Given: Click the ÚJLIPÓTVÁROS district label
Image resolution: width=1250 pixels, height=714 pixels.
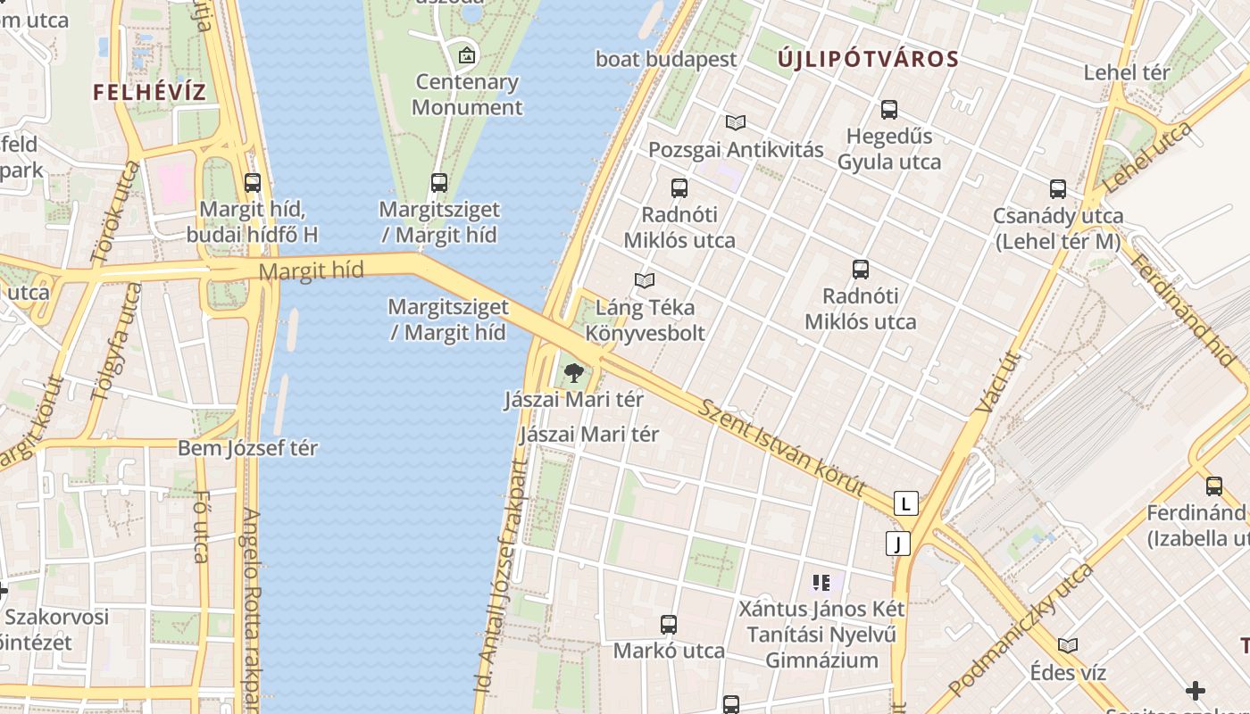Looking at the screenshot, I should coord(868,60).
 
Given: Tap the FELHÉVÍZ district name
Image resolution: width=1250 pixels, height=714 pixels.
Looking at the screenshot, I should coord(150,92).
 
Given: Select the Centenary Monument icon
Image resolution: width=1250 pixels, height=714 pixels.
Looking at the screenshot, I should coord(466,55).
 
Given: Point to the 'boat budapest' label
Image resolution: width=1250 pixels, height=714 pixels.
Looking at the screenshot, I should coord(666,60).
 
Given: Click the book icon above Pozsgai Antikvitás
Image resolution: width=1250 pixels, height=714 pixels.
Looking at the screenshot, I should coord(736,122).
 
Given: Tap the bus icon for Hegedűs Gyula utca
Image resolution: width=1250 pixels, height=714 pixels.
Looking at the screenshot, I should coord(888,110).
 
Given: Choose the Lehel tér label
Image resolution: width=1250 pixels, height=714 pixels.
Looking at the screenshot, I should coord(1126,72).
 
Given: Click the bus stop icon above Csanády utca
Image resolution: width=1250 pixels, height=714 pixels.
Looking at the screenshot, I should coord(1058,189).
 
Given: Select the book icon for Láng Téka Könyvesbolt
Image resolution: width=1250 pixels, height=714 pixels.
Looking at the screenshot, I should coord(645,280).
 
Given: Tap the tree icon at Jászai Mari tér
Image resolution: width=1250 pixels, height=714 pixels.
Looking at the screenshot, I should coord(573,372).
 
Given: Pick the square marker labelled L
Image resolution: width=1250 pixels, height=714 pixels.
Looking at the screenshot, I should coord(906,503).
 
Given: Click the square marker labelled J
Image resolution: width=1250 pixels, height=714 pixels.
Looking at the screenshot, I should coord(897,543).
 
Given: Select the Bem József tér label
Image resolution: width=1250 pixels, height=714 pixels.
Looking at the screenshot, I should coord(247,448).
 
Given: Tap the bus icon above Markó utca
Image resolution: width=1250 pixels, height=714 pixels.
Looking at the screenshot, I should coord(669,625).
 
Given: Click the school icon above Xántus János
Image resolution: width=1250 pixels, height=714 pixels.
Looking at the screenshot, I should coord(821,583).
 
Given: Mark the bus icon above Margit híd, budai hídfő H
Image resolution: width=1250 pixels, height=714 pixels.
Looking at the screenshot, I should coord(253,183).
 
